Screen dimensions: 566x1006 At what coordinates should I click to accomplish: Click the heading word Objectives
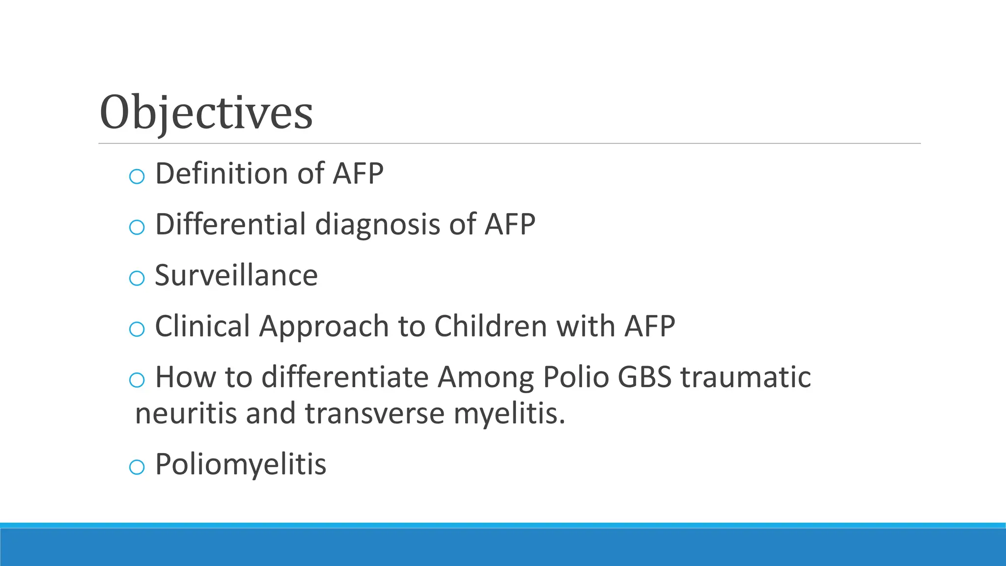tap(206, 113)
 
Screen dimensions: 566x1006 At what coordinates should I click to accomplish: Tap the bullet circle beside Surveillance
tap(137, 278)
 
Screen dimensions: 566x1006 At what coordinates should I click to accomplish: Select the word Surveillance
tap(236, 275)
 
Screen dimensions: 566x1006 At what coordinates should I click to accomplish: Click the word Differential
tap(231, 225)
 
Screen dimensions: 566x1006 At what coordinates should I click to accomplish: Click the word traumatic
tap(745, 377)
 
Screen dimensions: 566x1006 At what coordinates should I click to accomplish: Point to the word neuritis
tap(187, 413)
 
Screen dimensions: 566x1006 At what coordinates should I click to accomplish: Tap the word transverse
tap(375, 413)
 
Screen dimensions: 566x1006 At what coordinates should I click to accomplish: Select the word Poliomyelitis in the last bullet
tap(241, 464)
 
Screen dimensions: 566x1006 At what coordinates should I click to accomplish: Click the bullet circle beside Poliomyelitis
tap(137, 467)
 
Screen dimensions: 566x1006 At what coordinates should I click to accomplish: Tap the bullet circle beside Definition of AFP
tap(137, 176)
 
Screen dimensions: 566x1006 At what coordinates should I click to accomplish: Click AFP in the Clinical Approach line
tap(649, 326)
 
